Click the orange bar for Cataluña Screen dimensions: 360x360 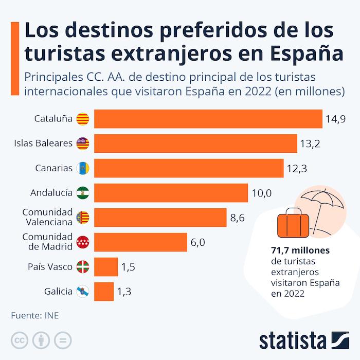click(208, 119)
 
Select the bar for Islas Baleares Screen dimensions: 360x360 click(195, 143)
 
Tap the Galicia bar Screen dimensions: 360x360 click(104, 291)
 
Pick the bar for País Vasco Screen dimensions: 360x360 click(106, 266)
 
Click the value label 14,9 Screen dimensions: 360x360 click(335, 119)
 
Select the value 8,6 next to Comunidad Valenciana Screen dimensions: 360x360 click(237, 218)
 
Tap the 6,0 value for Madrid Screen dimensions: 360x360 click(197, 242)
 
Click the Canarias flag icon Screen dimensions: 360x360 click(83, 168)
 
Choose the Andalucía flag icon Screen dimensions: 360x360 click(83, 193)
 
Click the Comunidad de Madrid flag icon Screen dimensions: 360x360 click(83, 242)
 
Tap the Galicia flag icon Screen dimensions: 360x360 click(83, 292)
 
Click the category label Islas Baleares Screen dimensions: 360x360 click(43, 143)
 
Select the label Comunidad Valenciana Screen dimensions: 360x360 click(48, 217)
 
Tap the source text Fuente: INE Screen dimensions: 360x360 click(34, 315)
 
